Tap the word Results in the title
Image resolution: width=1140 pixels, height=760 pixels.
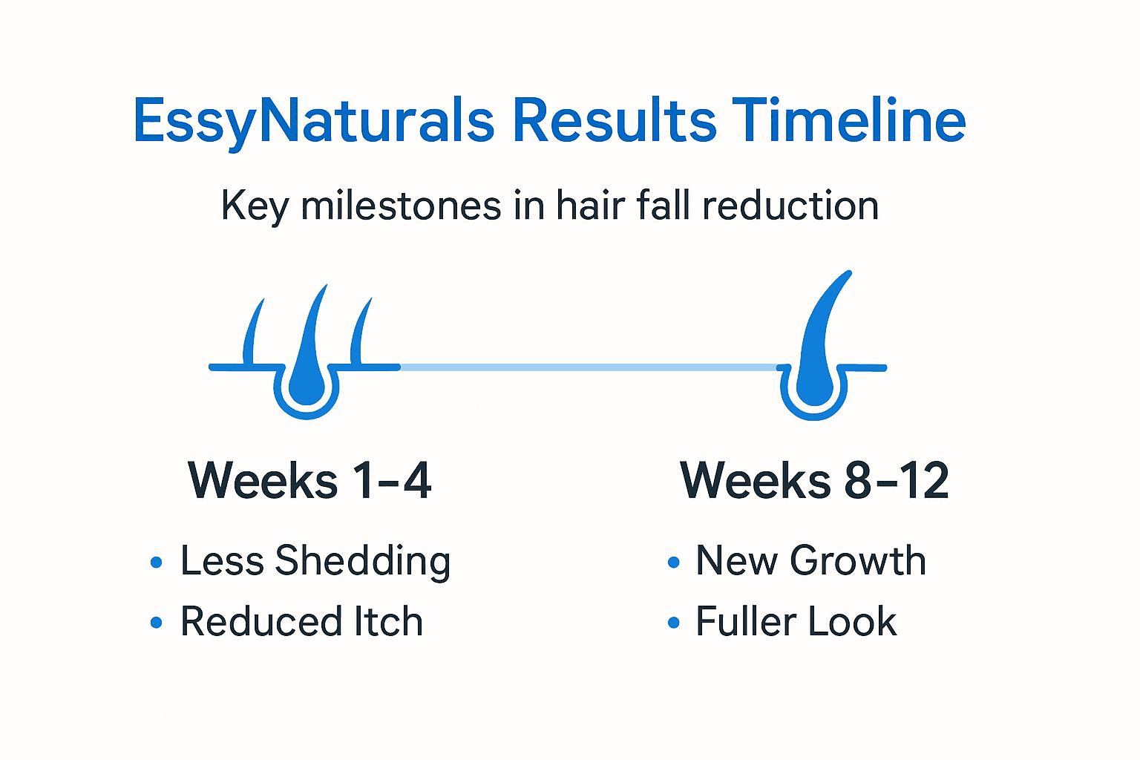(615, 121)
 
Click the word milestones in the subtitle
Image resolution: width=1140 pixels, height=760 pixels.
(401, 206)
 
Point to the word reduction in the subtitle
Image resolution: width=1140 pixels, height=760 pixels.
(790, 206)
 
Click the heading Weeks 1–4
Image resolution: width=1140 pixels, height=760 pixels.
(309, 480)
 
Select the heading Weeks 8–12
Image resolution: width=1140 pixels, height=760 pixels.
(814, 480)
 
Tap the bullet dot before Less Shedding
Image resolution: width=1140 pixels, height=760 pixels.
(156, 562)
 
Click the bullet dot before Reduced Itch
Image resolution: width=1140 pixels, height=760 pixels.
(156, 623)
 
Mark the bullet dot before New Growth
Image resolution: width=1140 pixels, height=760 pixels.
(673, 562)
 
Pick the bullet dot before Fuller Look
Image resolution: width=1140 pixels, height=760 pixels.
(673, 623)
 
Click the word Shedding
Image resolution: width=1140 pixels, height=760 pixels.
(363, 562)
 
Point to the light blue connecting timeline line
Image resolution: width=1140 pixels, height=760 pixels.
(586, 367)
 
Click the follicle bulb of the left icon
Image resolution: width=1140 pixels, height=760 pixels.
(307, 386)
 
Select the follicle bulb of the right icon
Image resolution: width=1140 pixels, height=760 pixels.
(813, 386)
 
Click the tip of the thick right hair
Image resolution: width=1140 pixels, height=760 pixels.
(847, 275)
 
